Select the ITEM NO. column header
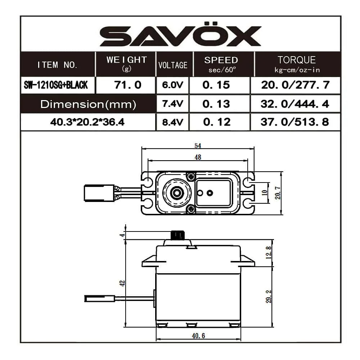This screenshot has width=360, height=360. coord(58,65)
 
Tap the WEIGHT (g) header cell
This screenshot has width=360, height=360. coord(126,64)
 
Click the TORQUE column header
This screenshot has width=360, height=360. coord(297,64)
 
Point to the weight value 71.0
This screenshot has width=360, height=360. coord(126,85)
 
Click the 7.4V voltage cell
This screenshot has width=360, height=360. coord(172,104)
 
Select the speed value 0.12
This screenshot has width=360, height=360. coord(216,122)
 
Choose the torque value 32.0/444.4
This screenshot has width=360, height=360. coord(294,104)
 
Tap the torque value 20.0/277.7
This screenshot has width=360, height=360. coord(294,85)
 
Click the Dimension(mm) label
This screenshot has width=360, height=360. coord(88,104)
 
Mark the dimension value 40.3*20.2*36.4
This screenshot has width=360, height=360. coord(88,122)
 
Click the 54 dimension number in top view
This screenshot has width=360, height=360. coord(198,146)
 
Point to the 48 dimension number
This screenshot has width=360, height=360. coord(198,157)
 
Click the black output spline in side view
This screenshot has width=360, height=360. coord(177,235)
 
